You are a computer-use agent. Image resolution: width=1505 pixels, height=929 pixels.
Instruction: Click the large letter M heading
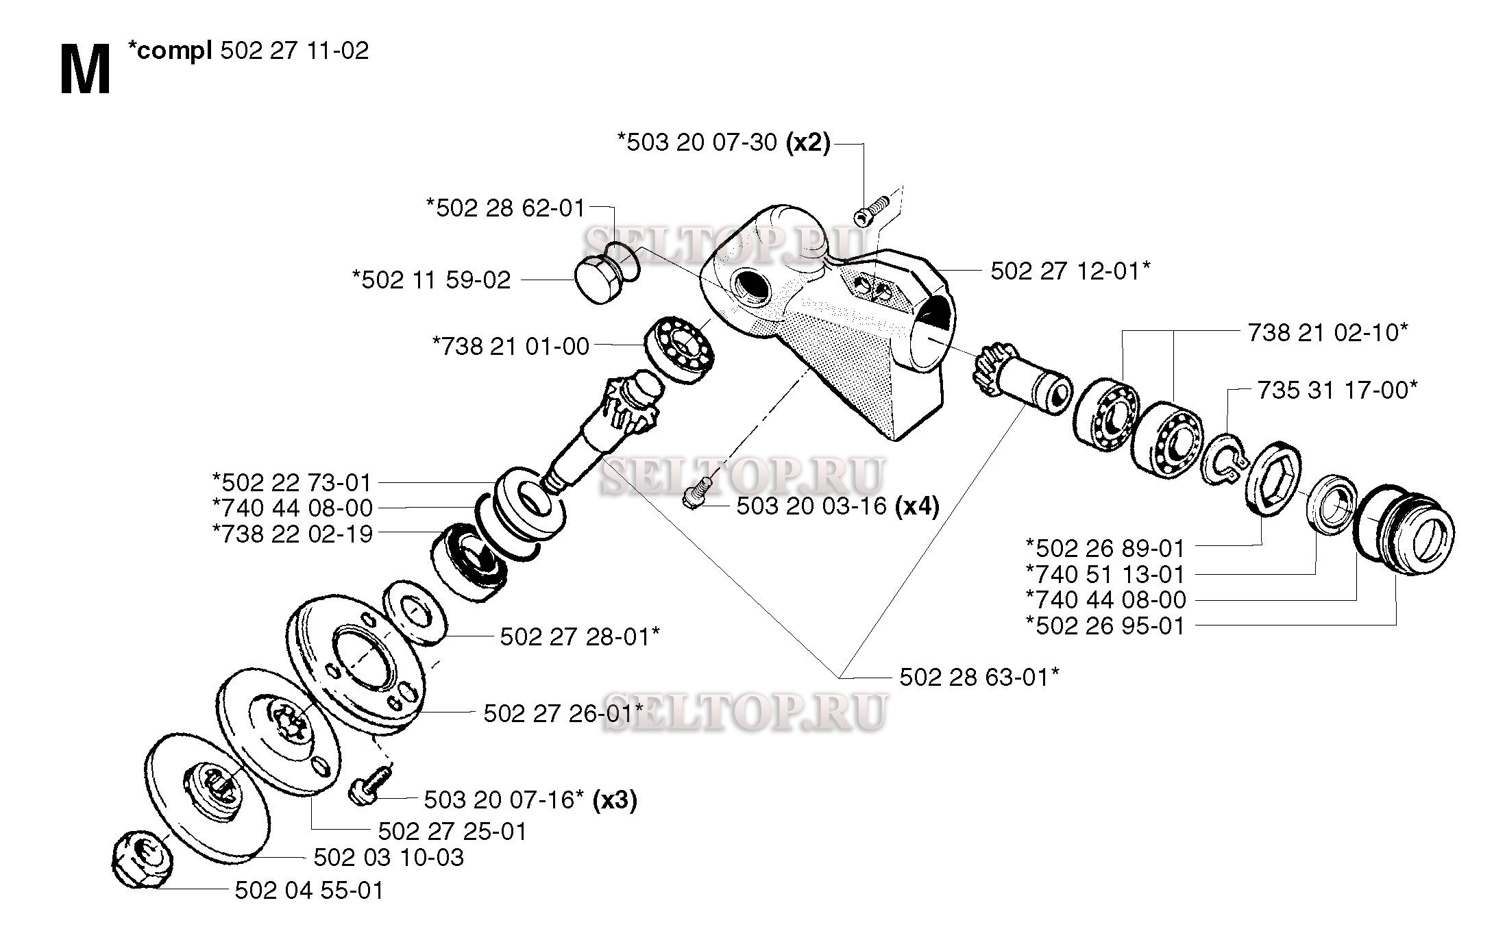(x=85, y=71)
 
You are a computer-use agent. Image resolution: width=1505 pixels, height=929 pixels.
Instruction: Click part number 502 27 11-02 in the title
(x=295, y=51)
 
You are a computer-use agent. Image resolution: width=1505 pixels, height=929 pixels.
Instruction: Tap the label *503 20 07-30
(x=698, y=143)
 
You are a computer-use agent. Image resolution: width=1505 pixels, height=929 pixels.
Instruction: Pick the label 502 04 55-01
(x=309, y=891)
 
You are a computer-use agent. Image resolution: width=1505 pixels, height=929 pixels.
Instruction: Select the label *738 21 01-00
(x=511, y=346)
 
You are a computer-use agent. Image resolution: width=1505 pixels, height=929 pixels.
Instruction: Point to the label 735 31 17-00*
(x=1337, y=390)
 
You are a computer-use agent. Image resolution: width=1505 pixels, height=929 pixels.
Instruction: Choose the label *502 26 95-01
(x=1105, y=625)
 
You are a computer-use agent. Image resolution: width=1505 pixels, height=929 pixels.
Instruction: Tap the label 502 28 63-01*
(x=979, y=677)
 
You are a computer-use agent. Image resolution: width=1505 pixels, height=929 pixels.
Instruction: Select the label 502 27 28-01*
(x=580, y=636)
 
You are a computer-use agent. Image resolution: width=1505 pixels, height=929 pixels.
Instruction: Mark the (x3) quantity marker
(x=615, y=800)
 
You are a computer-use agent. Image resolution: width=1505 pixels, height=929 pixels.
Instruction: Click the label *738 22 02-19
(x=293, y=534)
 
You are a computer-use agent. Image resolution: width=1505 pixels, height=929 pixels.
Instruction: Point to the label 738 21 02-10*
(x=1327, y=332)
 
